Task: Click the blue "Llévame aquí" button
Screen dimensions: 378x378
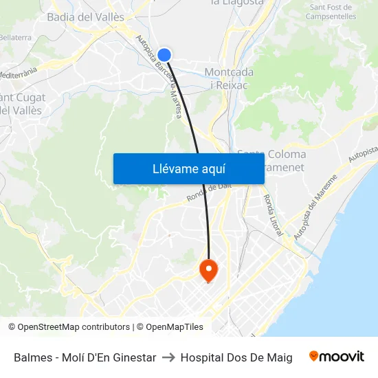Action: [188, 169]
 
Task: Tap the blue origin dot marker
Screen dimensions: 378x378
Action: [164, 55]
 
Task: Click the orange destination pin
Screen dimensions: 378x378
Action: [208, 269]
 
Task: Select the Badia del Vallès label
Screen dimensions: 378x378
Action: [85, 16]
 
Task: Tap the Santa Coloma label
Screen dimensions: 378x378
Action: [271, 154]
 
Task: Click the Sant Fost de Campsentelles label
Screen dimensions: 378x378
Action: [331, 11]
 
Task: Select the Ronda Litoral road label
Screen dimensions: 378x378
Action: [271, 215]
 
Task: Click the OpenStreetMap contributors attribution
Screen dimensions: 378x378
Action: [69, 327]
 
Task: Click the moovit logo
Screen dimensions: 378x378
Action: [337, 357]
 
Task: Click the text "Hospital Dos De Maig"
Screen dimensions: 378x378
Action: [236, 357]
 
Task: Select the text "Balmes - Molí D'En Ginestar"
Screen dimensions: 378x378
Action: [85, 357]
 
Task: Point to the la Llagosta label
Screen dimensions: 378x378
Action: [237, 3]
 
